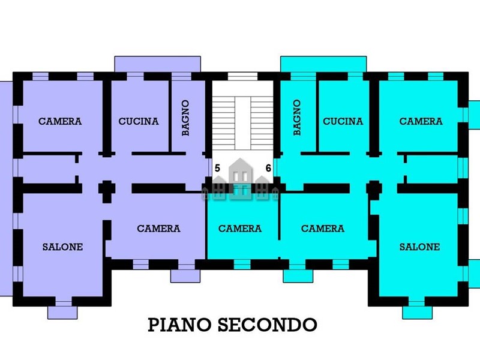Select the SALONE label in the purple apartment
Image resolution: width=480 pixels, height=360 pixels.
tap(62, 247)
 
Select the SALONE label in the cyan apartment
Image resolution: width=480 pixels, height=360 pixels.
tap(420, 247)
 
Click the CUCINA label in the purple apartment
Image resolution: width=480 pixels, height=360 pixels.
tap(139, 121)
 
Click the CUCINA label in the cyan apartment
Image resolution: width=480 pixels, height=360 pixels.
tap(343, 121)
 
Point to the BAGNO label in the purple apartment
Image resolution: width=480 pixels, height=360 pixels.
tap(186, 118)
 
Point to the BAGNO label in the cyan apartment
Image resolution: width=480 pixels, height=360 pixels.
tap(297, 118)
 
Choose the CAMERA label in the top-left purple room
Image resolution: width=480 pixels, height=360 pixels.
tap(60, 121)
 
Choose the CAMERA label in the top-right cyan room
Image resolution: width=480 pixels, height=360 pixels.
tap(421, 121)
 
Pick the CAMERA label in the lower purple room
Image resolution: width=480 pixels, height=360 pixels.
tap(158, 229)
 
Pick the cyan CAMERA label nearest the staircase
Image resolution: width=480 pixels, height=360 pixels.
tap(240, 229)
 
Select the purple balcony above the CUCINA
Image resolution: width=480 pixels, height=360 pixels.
tap(157, 64)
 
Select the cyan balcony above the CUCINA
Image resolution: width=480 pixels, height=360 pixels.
tap(323, 64)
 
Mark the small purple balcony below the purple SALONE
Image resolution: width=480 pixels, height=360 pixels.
tap(62, 312)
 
